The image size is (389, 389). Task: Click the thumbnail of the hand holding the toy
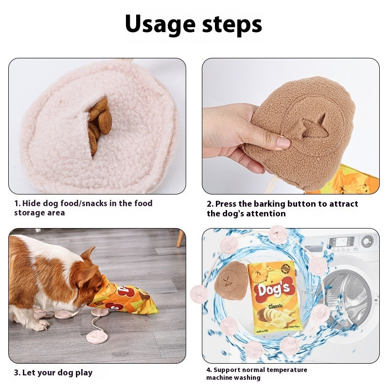[x=290, y=126]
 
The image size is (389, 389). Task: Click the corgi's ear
[x=88, y=254]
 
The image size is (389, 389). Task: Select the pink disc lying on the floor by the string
[x=97, y=336]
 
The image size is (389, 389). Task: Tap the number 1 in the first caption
[x=16, y=203]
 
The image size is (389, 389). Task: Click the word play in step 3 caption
[x=84, y=372]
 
